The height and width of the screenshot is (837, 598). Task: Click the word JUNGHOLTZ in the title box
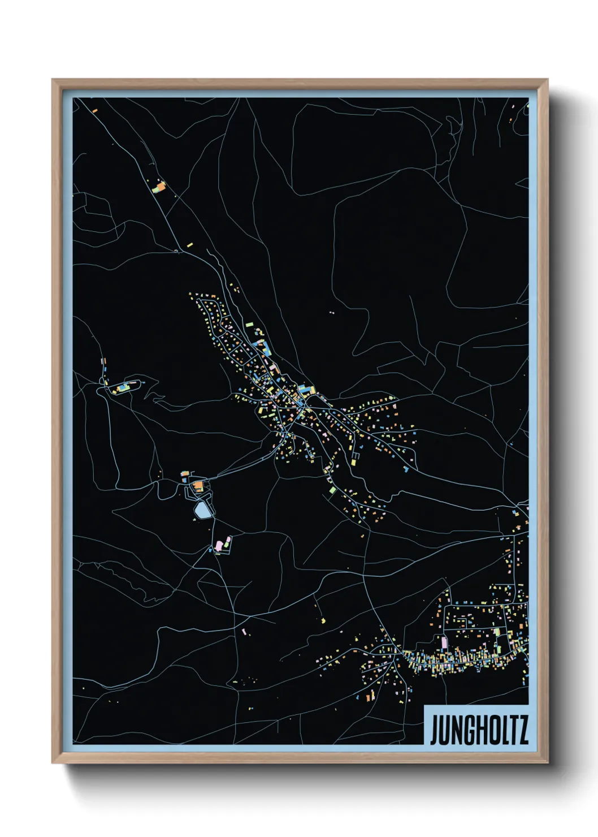[x=479, y=730]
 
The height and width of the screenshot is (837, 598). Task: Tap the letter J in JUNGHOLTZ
[x=434, y=730]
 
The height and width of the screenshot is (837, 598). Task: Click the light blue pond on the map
[x=202, y=511]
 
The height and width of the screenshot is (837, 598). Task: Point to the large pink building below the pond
[x=219, y=546]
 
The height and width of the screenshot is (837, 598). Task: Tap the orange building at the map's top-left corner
[x=95, y=110]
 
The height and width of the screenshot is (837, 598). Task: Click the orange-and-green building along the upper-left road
[x=160, y=186]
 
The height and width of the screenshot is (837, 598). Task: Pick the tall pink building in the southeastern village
[x=444, y=642]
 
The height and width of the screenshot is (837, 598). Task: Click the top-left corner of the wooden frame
[x=53, y=80]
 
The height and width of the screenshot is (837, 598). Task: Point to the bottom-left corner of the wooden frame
[x=53, y=762]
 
